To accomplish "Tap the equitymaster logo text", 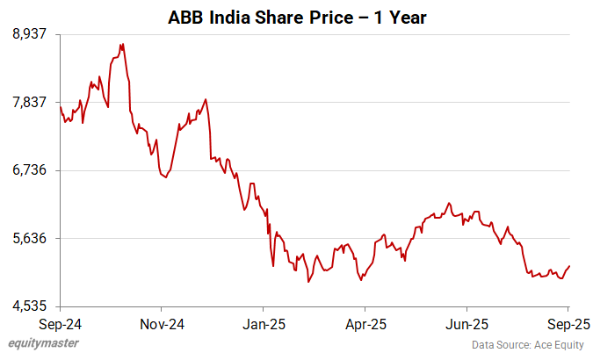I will click(40, 343).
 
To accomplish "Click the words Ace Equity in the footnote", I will click(559, 344).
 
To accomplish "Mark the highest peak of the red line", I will click(122, 44).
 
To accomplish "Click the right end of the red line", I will click(569, 266).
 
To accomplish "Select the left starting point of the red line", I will click(60, 107).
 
